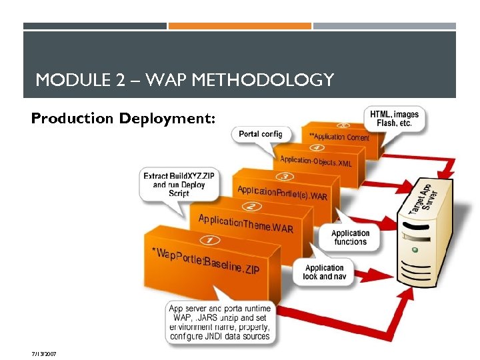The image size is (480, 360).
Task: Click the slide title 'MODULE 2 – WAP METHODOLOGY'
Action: pos(185,81)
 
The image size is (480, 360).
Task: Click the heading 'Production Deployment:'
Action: pos(123,119)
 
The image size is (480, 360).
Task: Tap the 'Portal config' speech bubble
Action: pos(260,134)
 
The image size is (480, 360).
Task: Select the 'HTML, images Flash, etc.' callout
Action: pos(395,119)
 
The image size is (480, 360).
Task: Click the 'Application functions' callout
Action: pos(350,237)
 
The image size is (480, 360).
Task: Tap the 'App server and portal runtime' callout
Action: pos(219,323)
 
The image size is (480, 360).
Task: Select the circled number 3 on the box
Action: pos(285,177)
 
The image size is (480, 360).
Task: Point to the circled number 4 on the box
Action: pos(317,148)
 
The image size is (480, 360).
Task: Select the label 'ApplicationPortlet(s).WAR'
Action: pos(282,193)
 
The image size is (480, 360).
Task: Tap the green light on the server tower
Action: pos(415,250)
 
